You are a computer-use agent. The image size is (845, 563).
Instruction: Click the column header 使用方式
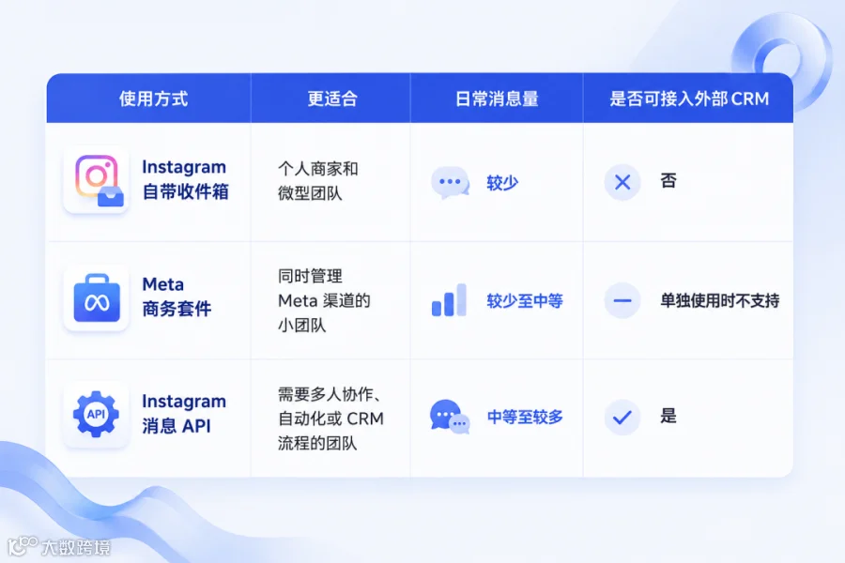pyautogui.click(x=154, y=99)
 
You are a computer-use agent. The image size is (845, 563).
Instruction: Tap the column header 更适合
pyautogui.click(x=332, y=99)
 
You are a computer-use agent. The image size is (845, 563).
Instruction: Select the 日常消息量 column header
pyautogui.click(x=497, y=99)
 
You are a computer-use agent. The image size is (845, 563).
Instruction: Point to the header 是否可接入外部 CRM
pyautogui.click(x=689, y=99)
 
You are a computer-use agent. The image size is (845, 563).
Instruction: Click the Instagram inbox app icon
pyautogui.click(x=98, y=179)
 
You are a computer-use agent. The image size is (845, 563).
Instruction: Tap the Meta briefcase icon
pyautogui.click(x=97, y=297)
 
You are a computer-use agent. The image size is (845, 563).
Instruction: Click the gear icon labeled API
pyautogui.click(x=96, y=414)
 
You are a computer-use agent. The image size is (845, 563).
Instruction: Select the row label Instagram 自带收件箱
pyautogui.click(x=185, y=179)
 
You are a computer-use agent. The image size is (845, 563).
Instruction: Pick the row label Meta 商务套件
pyautogui.click(x=177, y=297)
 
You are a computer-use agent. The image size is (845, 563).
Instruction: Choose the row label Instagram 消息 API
pyautogui.click(x=184, y=413)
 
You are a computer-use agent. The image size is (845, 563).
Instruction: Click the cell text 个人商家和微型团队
pyautogui.click(x=318, y=180)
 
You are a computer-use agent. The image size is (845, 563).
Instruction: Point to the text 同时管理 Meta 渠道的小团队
pyautogui.click(x=324, y=300)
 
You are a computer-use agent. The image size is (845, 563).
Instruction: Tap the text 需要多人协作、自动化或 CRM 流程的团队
pyautogui.click(x=330, y=418)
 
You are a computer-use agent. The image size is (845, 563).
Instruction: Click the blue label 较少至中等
pyautogui.click(x=524, y=300)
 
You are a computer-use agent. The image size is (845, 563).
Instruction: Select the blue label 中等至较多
pyautogui.click(x=525, y=417)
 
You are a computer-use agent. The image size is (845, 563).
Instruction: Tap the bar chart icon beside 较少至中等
pyautogui.click(x=449, y=299)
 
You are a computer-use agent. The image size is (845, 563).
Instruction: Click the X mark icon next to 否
pyautogui.click(x=622, y=182)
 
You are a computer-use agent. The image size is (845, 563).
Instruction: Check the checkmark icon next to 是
pyautogui.click(x=622, y=417)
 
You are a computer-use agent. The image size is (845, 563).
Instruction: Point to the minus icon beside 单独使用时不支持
pyautogui.click(x=622, y=300)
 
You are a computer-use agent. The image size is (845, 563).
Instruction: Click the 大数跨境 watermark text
pyautogui.click(x=76, y=547)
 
